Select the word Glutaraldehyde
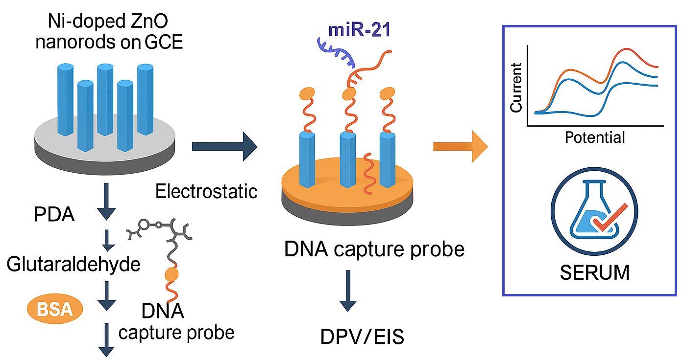[x=73, y=265]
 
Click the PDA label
[x=54, y=215]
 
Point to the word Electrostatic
[x=206, y=191]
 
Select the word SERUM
[x=594, y=272]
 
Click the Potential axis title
[x=595, y=137]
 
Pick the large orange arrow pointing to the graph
[x=460, y=146]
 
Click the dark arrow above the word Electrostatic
[x=224, y=146]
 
